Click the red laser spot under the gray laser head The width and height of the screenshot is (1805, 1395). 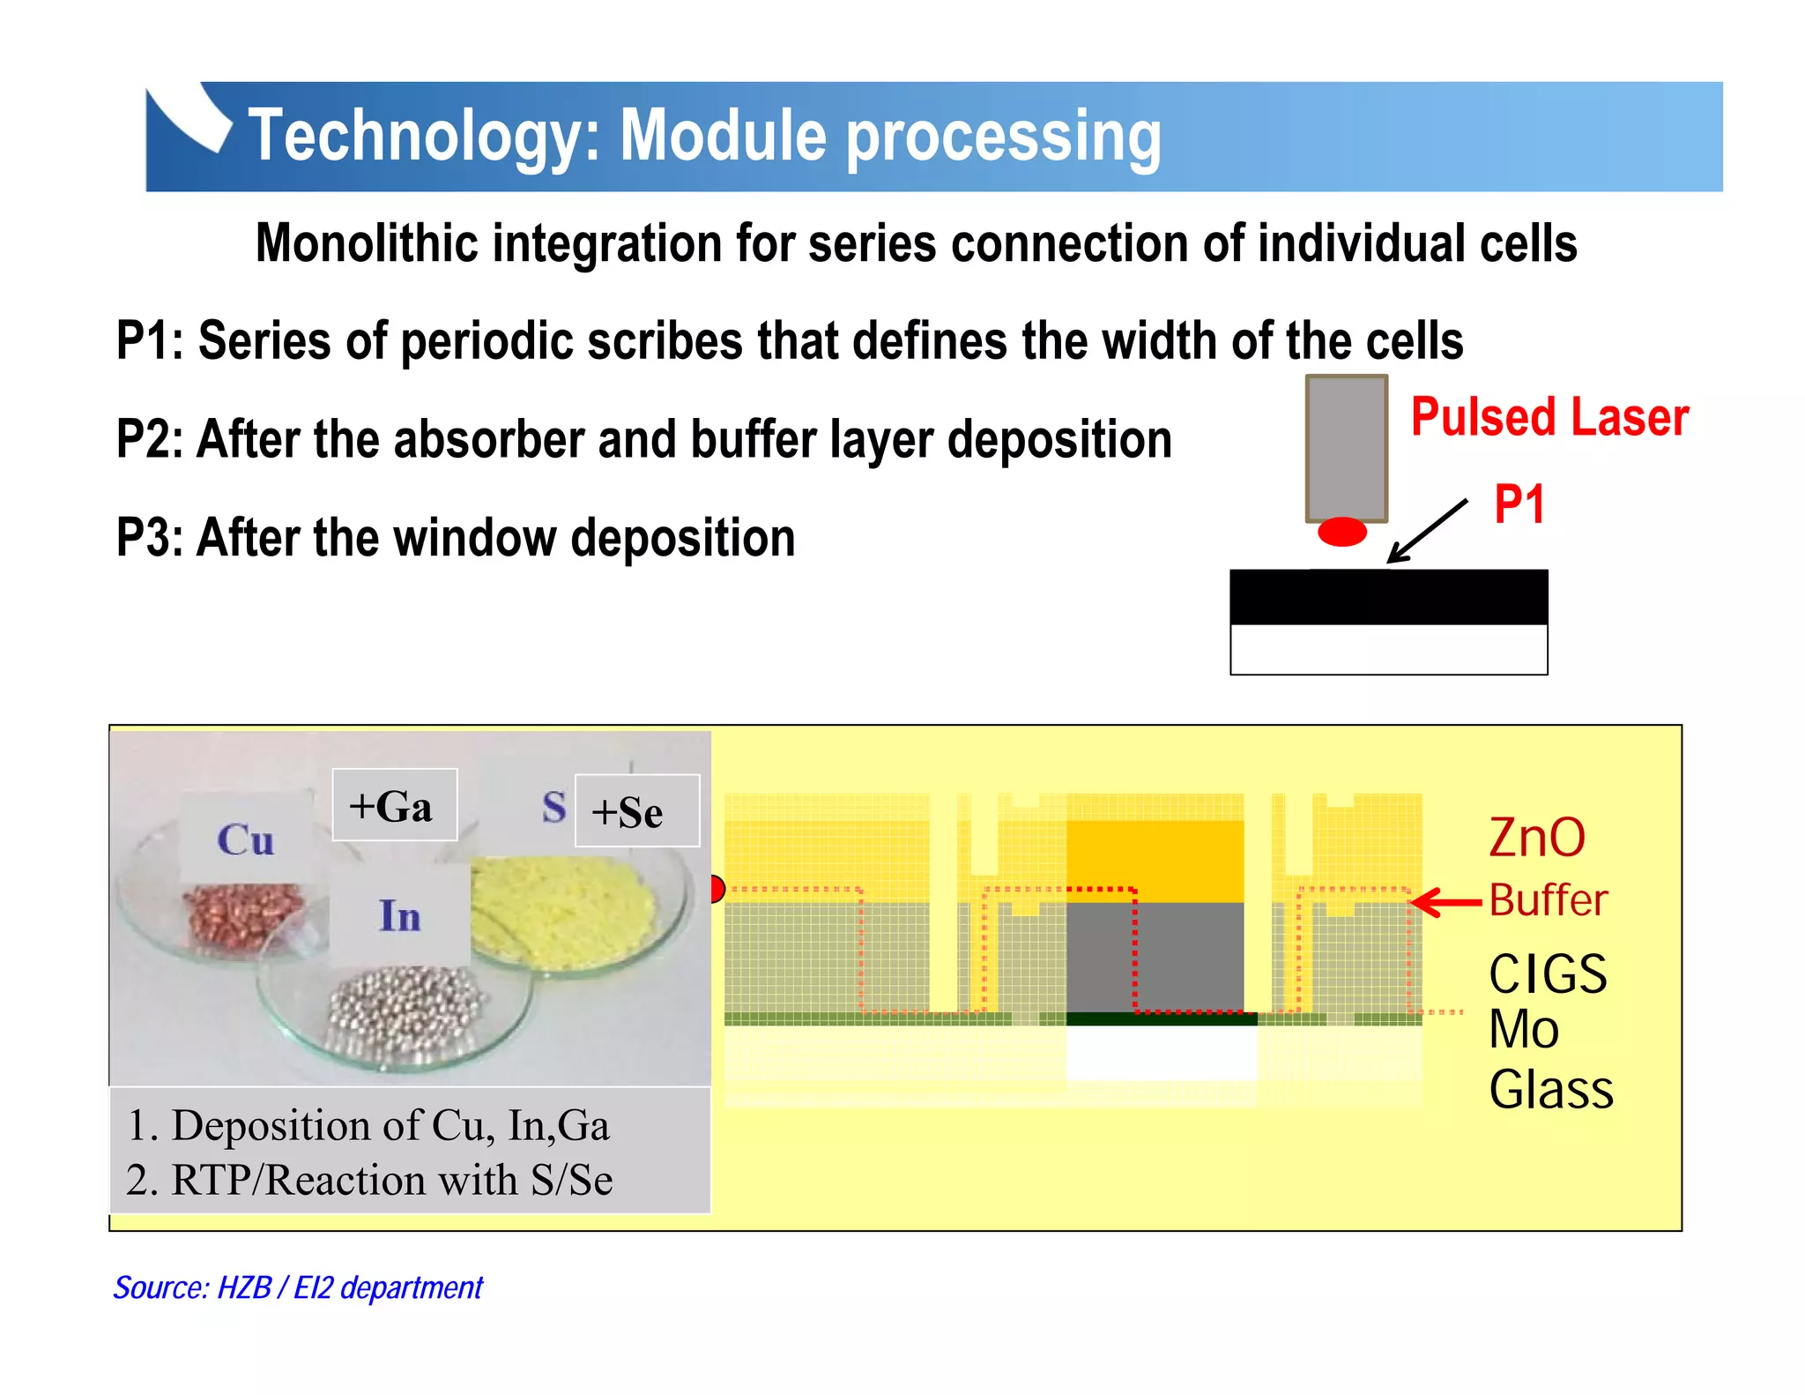1341,532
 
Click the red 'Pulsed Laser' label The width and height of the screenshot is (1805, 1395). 1549,417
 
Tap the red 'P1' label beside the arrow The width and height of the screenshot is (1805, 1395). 1519,504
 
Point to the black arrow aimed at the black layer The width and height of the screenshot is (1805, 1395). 1426,532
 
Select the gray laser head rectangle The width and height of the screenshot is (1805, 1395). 1346,448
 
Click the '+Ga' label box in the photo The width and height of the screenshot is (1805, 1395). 394,805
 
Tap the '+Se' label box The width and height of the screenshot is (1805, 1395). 636,811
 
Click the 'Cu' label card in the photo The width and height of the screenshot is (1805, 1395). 246,839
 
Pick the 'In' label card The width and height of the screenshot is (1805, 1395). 399,914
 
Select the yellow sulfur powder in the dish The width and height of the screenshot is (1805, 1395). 564,908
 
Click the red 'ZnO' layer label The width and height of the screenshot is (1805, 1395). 1537,837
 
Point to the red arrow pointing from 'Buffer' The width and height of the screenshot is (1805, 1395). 1445,902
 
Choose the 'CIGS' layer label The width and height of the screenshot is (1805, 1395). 1548,974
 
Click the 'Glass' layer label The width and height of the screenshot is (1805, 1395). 1551,1089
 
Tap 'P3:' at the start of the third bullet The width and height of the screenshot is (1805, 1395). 150,537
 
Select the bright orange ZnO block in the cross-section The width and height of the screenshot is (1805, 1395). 1155,860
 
